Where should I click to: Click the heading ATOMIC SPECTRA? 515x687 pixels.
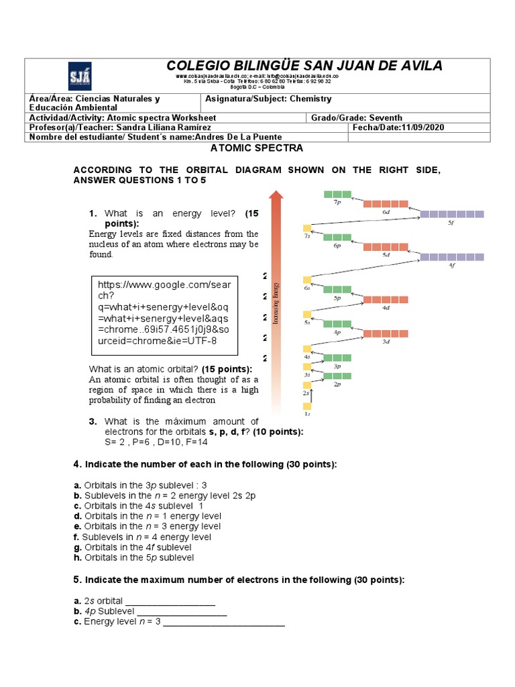257,148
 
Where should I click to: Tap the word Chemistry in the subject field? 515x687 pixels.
310,99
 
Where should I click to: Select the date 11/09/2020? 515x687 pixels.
422,127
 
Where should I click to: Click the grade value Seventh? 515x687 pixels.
381,117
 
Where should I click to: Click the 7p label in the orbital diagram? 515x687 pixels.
337,203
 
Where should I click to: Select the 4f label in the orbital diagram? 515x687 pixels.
451,265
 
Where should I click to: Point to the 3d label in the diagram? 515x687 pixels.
386,341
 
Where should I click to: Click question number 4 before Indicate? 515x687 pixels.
76,465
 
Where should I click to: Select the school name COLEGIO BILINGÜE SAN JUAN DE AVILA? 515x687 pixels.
304,66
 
